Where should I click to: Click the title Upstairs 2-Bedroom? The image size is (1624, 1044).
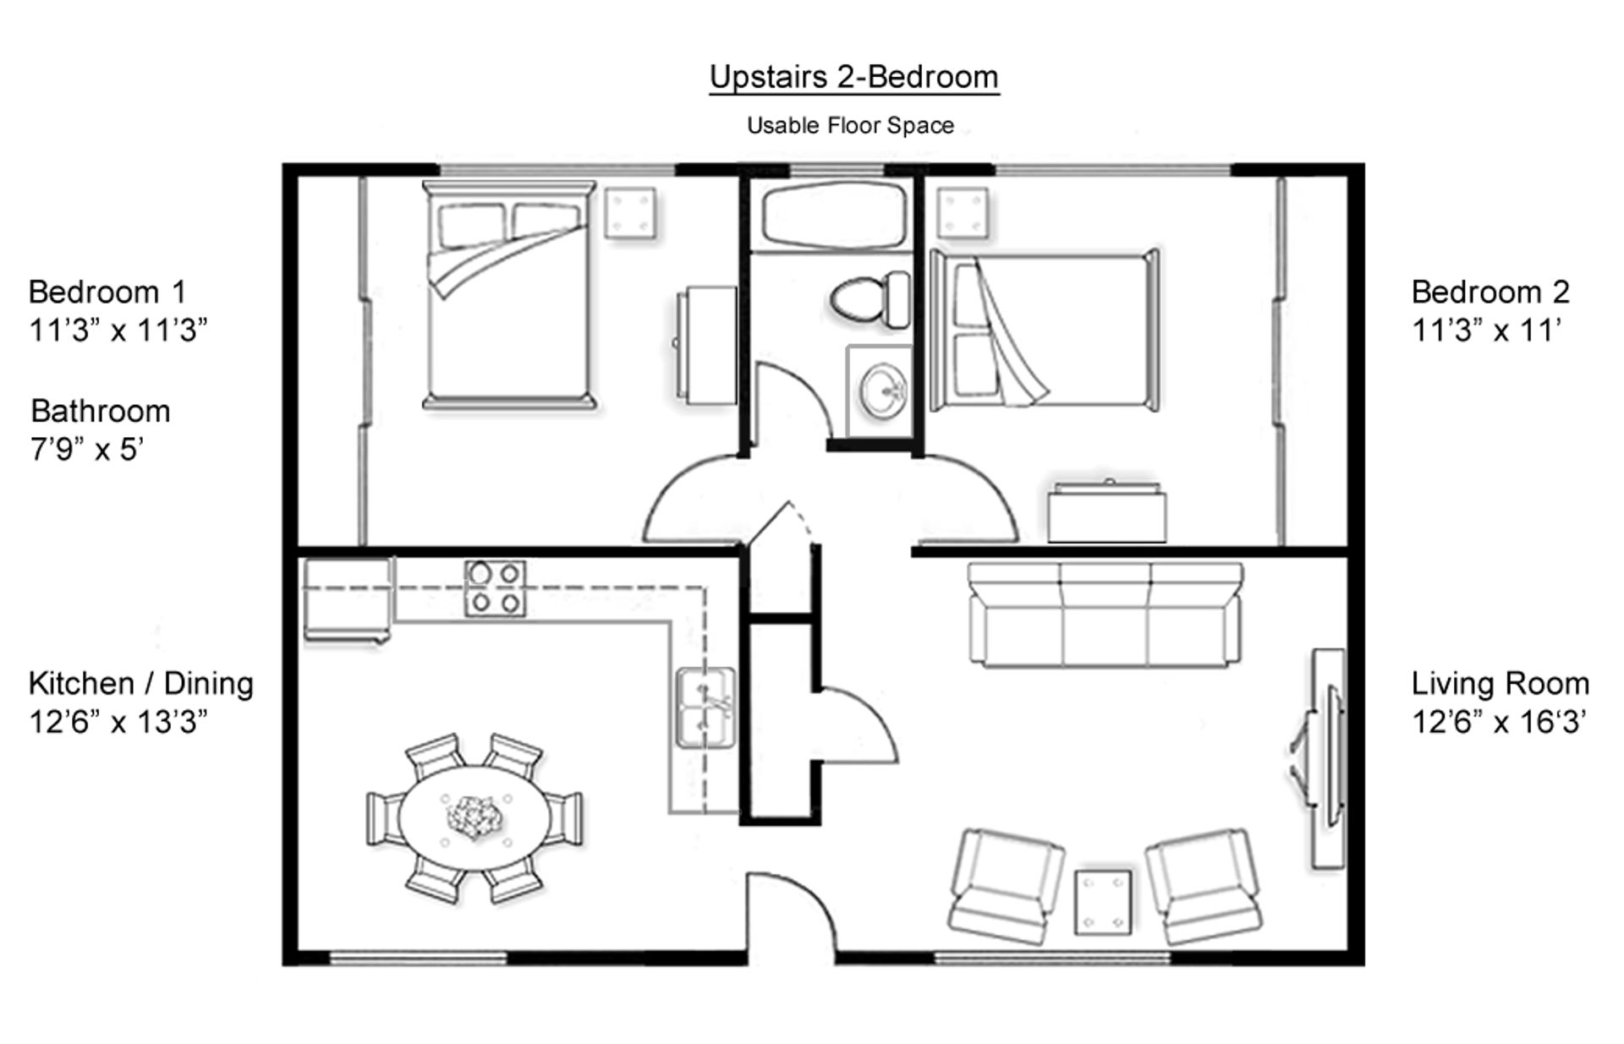pos(853,77)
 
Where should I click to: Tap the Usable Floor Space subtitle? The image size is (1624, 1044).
pos(850,126)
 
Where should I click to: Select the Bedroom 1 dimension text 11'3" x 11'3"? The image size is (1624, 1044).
pos(118,330)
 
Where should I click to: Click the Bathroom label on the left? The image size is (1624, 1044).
pos(101,412)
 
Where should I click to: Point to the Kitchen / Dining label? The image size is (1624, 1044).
pos(140,683)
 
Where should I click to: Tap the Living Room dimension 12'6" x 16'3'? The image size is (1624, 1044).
pos(1498,722)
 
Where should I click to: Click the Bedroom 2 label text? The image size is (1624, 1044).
pos(1490,292)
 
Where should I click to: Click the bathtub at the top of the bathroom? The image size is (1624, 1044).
pos(833,216)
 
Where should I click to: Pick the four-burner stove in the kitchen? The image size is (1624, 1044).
pos(495,588)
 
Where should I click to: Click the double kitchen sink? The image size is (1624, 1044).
pos(705,708)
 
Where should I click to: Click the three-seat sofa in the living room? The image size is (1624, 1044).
pos(1105,615)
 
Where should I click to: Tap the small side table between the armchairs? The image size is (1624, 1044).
pos(1103,903)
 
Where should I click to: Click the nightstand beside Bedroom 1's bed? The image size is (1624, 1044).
pos(631,211)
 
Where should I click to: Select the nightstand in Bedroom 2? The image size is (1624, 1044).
pos(963,211)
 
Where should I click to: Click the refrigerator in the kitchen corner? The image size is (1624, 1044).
pos(347,600)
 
